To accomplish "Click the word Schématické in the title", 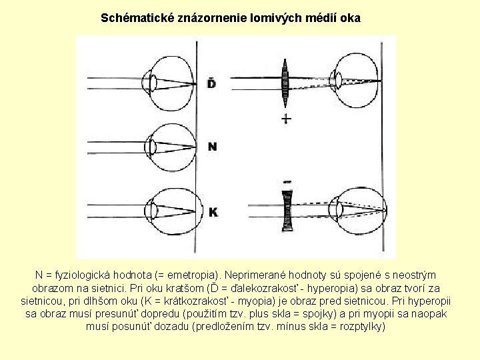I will [132, 19].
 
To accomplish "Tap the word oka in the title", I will [350, 19].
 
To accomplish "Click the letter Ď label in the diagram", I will [212, 83].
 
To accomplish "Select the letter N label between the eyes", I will [212, 146].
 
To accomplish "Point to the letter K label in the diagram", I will [213, 212].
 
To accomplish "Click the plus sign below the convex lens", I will [286, 119].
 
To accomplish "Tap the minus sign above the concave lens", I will [287, 181].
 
